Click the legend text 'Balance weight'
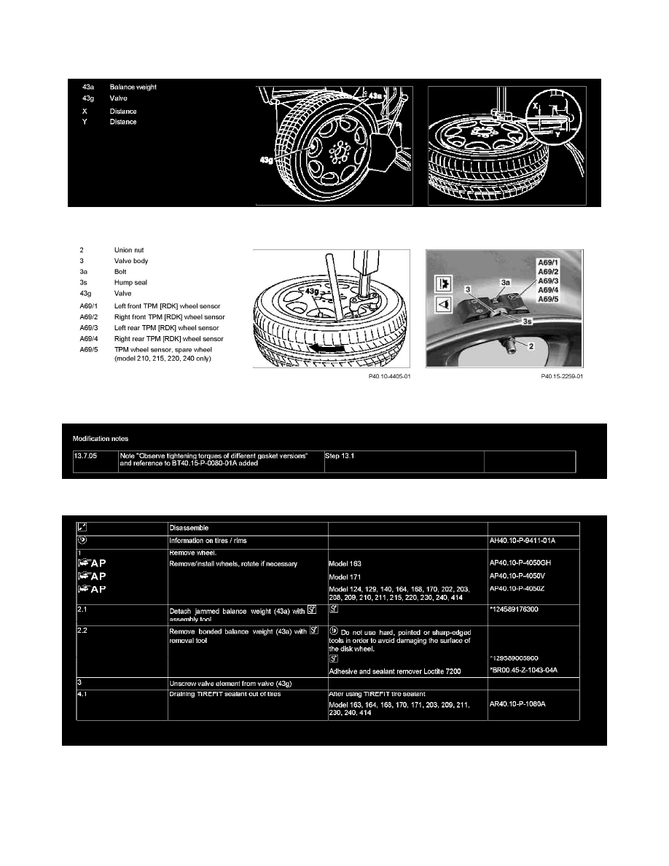click(133, 87)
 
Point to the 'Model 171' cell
click(348, 577)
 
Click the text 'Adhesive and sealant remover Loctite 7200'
click(395, 671)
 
